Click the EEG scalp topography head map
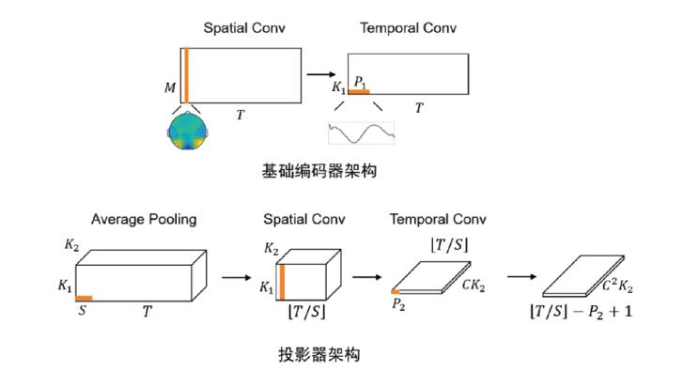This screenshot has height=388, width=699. pyautogui.click(x=187, y=132)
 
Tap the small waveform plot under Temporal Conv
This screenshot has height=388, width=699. pyautogui.click(x=361, y=132)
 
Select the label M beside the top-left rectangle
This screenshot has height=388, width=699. pyautogui.click(x=170, y=87)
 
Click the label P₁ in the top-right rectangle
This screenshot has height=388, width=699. pyautogui.click(x=360, y=82)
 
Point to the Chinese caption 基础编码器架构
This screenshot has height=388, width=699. pyautogui.click(x=319, y=171)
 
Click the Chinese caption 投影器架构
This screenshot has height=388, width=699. pyautogui.click(x=319, y=354)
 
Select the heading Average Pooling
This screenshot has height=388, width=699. pyautogui.click(x=144, y=220)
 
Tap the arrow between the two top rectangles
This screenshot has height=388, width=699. pyautogui.click(x=321, y=74)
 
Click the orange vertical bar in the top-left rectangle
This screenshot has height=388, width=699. pyautogui.click(x=186, y=75)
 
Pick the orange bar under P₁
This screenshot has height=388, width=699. pyautogui.click(x=359, y=92)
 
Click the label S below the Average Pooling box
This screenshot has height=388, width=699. pyautogui.click(x=83, y=310)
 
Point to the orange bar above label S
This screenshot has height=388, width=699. pyautogui.click(x=84, y=299)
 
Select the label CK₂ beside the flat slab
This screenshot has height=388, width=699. pyautogui.click(x=474, y=286)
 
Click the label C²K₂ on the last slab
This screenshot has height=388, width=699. pyautogui.click(x=617, y=286)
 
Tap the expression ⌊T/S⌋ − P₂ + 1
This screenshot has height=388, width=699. pyautogui.click(x=582, y=311)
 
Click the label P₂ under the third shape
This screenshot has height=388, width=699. pyautogui.click(x=398, y=304)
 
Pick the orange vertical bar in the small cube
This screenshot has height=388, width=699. pyautogui.click(x=282, y=282)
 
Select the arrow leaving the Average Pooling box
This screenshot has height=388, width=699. pyautogui.click(x=236, y=278)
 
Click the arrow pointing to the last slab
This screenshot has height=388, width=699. pyautogui.click(x=521, y=277)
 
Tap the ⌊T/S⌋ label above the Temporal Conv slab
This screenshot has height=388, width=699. pyautogui.click(x=449, y=245)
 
